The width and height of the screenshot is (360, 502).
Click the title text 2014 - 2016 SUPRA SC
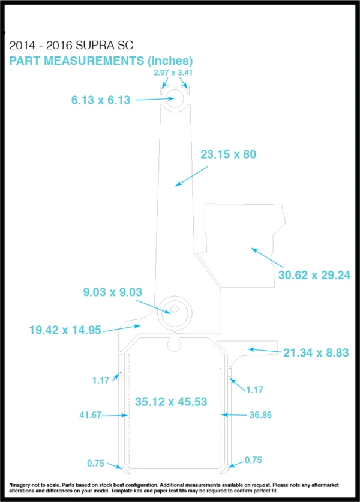(x=71, y=46)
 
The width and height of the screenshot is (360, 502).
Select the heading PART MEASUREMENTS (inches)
(x=101, y=61)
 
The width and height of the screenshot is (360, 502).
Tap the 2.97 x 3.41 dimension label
(x=173, y=73)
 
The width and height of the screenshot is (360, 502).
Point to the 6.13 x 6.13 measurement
(x=100, y=100)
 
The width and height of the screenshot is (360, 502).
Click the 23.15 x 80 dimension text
(x=229, y=154)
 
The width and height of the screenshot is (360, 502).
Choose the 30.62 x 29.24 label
(x=314, y=275)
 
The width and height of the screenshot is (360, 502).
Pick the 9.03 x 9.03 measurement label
(x=112, y=292)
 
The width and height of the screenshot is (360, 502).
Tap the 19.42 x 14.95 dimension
(x=65, y=330)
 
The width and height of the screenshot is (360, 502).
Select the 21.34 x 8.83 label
(x=316, y=353)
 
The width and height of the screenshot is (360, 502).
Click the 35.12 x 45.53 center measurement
(x=171, y=402)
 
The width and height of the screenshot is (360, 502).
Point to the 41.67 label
(x=90, y=415)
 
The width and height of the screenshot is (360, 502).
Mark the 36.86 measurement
(x=260, y=415)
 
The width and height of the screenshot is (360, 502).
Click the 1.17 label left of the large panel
(x=101, y=380)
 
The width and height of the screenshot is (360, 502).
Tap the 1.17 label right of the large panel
(x=255, y=390)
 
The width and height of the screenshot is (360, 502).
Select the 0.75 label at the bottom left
(x=95, y=463)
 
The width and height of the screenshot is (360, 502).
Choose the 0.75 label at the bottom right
(x=253, y=460)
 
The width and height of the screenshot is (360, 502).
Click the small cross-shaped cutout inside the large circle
(x=175, y=309)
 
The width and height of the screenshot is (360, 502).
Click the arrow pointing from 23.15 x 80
(x=191, y=176)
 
